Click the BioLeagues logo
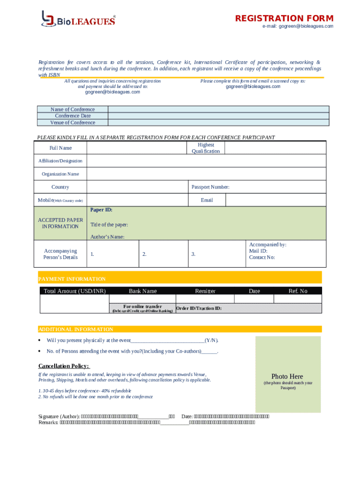78,19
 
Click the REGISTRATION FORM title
284,18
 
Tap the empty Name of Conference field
218,109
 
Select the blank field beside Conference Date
218,116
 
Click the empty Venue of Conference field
218,123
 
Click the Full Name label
61,148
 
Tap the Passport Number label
210,187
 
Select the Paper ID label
101,210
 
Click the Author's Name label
107,237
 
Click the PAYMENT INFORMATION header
72,279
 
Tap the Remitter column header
205,291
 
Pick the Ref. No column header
298,291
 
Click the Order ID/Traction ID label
199,308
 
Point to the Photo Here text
287,377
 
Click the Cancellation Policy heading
64,366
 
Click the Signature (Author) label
59,416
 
